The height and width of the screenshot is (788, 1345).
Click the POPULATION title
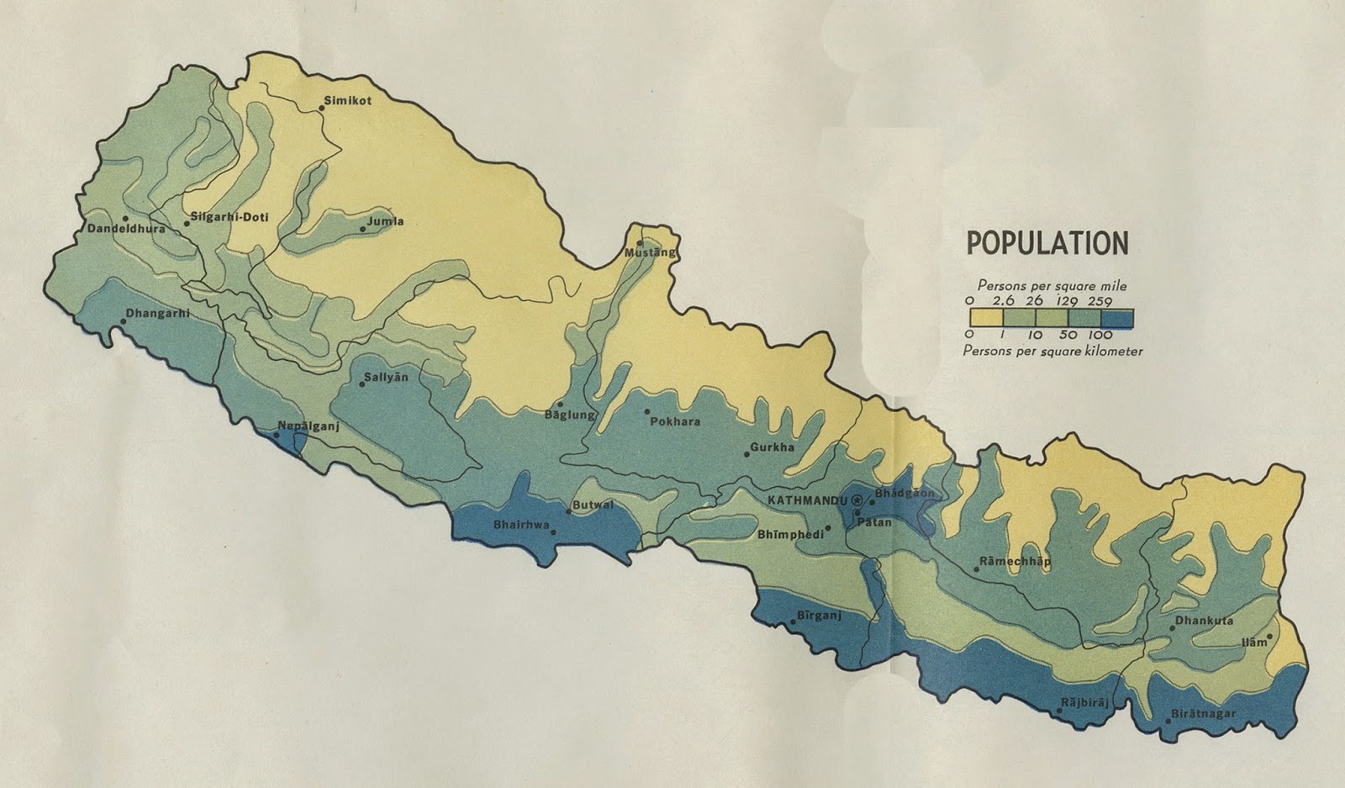click(1047, 243)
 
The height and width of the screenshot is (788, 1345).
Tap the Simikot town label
click(348, 101)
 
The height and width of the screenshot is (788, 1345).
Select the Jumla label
click(386, 222)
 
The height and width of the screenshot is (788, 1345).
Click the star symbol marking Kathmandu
click(857, 501)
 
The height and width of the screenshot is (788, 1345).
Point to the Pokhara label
click(675, 422)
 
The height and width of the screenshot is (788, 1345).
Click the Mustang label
click(649, 252)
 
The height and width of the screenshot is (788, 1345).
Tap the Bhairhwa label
click(521, 526)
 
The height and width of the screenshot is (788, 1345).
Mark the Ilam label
click(1253, 643)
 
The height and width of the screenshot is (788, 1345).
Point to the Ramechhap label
click(1015, 561)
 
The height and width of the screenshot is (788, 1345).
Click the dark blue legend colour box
click(1117, 318)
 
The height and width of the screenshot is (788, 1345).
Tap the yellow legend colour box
click(985, 318)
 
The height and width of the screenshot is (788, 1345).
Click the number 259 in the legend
click(1099, 301)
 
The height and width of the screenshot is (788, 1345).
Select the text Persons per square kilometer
click(1052, 351)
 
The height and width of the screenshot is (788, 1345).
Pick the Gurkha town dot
click(746, 455)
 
